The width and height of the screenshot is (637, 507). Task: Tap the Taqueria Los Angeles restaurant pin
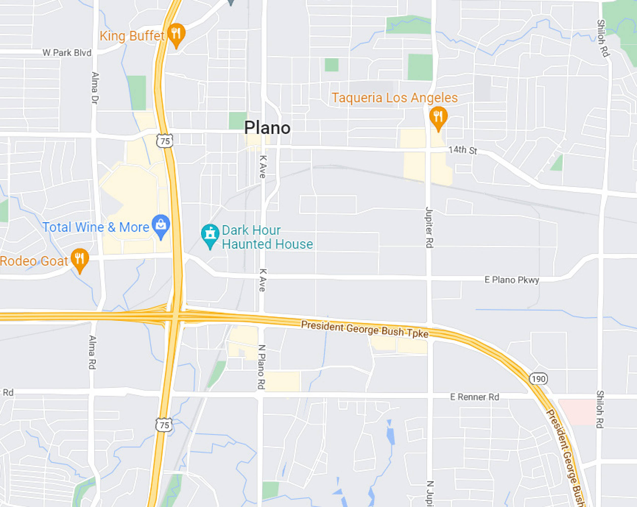[438, 117]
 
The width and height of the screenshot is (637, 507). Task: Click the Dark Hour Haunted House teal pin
[210, 235]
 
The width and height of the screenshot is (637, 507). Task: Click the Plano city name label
[267, 128]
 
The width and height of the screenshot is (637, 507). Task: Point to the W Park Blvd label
[67, 53]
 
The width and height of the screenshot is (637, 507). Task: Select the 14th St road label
[462, 150]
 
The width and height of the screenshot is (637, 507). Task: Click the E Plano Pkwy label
[512, 280]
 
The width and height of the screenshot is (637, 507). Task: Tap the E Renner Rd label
[474, 397]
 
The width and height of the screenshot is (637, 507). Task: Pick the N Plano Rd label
[261, 367]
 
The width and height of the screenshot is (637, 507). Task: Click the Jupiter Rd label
[429, 227]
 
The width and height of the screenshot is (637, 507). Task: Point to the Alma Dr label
[95, 88]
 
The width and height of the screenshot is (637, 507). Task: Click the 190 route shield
[538, 378]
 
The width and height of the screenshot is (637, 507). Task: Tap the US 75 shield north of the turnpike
[165, 141]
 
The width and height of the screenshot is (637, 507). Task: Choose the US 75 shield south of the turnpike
[164, 425]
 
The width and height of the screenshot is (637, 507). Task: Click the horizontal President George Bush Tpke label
[365, 329]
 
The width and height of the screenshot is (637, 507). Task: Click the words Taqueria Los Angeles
[394, 98]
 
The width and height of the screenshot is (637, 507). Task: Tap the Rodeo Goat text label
[34, 261]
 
